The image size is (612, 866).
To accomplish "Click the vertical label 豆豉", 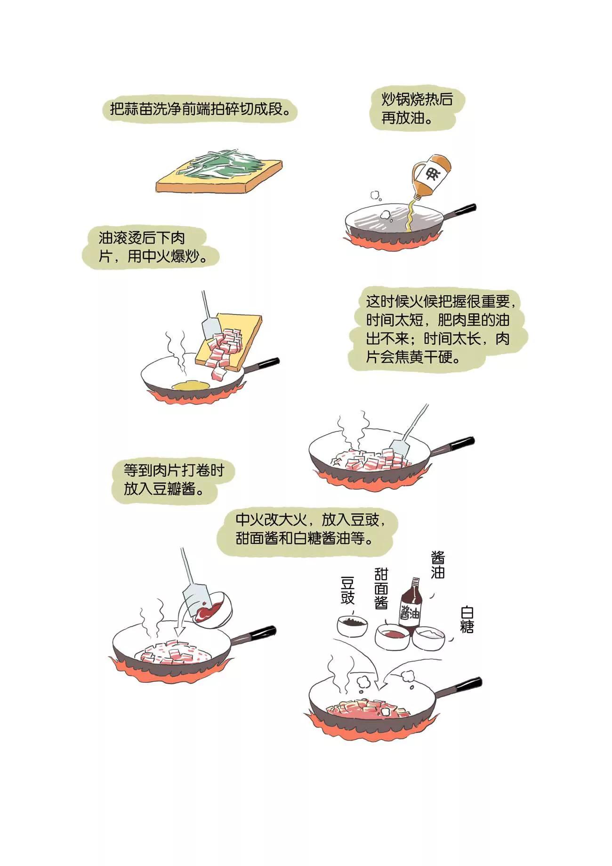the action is [347, 591].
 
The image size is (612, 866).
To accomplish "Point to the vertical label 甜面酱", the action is [381, 588].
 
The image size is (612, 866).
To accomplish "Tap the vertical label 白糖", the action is [467, 620].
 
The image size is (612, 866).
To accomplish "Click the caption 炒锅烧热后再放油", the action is [417, 108].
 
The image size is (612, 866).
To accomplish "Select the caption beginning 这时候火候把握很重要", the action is [437, 329].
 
